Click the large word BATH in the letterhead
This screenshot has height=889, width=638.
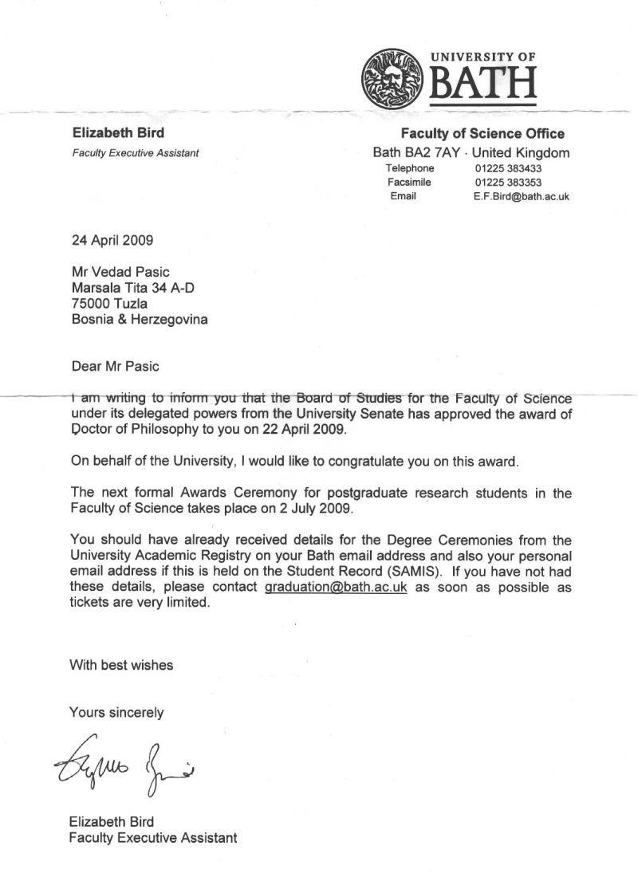tap(483, 83)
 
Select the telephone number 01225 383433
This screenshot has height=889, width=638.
tap(508, 168)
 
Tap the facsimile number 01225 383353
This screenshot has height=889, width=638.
tap(508, 182)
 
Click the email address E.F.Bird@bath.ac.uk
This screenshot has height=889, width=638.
tap(521, 196)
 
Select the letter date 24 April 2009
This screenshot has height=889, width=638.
tap(112, 238)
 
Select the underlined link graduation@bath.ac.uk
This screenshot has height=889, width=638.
tap(329, 587)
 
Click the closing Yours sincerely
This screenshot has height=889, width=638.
tap(116, 712)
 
